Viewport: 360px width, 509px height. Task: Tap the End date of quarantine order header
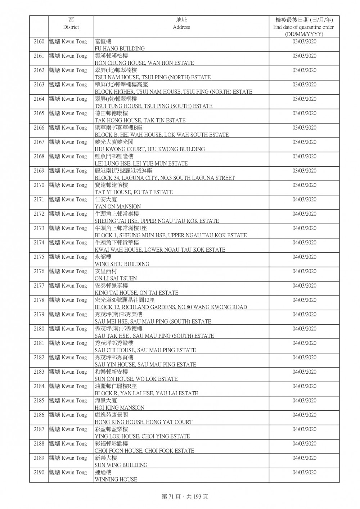[303, 27]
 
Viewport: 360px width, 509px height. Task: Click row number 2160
[39, 42]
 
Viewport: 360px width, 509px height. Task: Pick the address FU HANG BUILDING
[120, 49]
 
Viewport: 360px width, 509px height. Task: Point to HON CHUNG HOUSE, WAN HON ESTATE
[144, 63]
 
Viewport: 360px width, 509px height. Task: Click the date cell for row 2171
[304, 200]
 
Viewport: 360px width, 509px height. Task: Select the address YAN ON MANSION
[118, 207]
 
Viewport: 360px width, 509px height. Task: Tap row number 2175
[39, 257]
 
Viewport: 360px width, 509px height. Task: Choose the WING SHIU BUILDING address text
[122, 264]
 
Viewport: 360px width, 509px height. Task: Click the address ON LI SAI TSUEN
[116, 279]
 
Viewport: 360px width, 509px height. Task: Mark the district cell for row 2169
[68, 171]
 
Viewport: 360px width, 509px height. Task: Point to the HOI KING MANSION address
[119, 408]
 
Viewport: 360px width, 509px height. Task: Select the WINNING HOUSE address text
[116, 479]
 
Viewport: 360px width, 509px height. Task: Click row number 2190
[39, 473]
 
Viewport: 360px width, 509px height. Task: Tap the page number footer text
[185, 496]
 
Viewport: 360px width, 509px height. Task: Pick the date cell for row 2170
[304, 185]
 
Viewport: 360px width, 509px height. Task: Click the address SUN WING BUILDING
[121, 465]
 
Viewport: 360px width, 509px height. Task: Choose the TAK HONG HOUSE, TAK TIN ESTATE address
[140, 121]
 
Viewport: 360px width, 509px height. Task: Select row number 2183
[39, 372]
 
